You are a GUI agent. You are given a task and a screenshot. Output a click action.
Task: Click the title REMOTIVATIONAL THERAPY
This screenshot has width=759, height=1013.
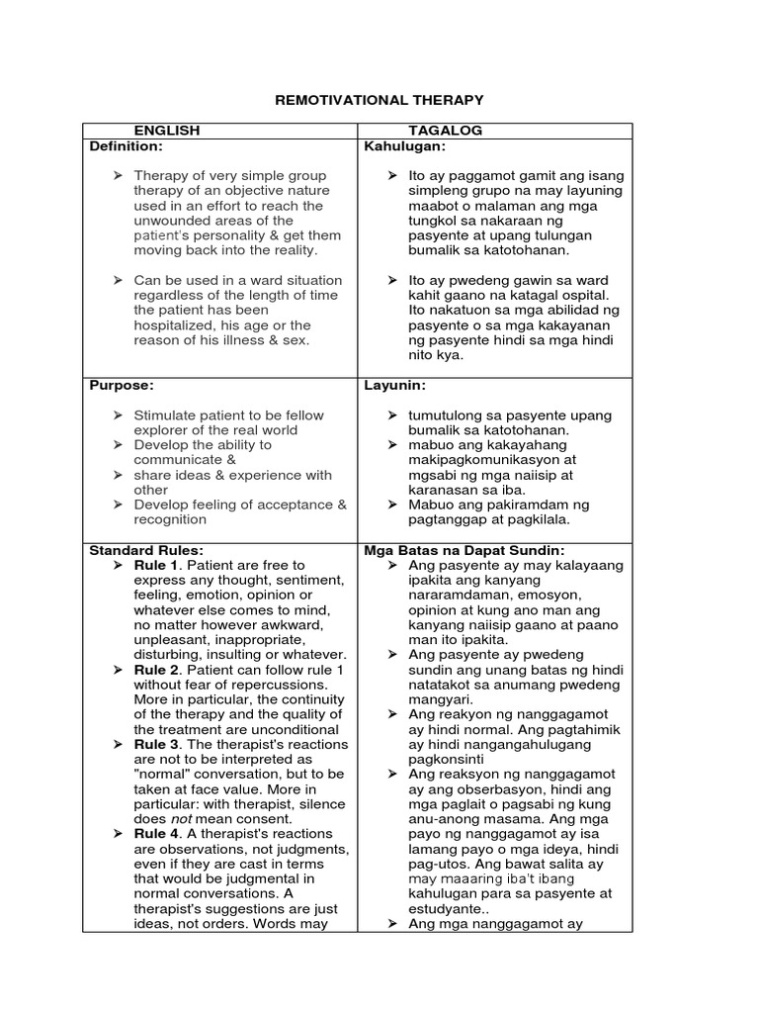click(379, 100)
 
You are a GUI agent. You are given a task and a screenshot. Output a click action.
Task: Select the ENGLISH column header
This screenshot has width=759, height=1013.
click(167, 131)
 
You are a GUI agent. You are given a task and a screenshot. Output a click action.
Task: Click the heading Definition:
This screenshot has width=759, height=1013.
click(126, 145)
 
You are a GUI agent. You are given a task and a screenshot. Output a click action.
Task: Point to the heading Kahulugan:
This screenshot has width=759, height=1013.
click(405, 145)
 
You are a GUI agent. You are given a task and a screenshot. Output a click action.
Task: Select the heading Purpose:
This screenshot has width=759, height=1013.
click(122, 385)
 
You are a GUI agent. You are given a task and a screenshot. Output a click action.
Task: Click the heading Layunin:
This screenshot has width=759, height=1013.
click(395, 385)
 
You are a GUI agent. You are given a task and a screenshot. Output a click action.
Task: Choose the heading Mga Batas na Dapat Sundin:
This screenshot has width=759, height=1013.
click(464, 550)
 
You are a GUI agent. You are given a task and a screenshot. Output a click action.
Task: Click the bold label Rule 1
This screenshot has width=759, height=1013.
click(155, 565)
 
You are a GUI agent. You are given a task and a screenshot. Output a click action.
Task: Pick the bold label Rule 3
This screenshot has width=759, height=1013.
click(155, 744)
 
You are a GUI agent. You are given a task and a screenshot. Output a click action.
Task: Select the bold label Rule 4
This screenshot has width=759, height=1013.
click(155, 834)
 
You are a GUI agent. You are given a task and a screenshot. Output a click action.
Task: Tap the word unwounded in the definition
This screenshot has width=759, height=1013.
click(170, 221)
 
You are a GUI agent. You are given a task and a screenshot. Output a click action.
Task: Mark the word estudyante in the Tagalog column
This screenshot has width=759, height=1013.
click(447, 908)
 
